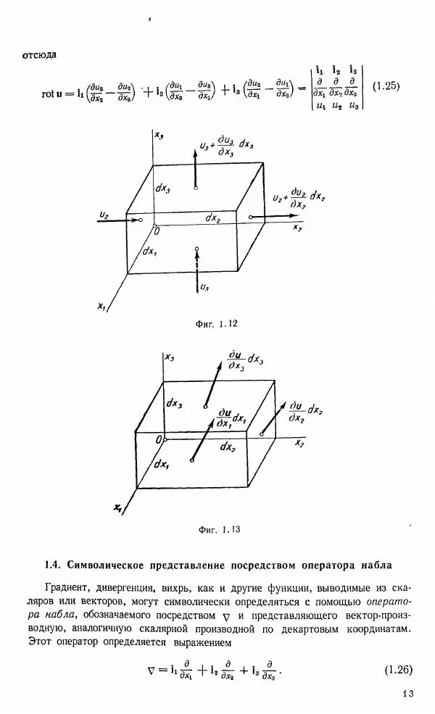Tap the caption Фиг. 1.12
(x=217, y=324)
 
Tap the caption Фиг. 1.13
(x=218, y=530)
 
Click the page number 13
(x=407, y=694)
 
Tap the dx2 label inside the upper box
(x=212, y=217)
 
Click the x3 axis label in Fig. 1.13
(x=170, y=357)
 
